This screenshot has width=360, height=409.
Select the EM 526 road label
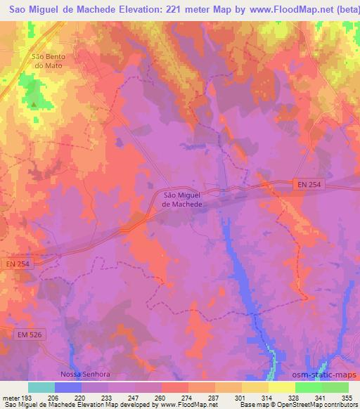tap(28, 335)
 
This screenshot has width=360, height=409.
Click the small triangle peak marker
tap(32, 105)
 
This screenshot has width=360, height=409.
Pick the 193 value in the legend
tap(27, 397)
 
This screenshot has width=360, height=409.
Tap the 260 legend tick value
tap(162, 397)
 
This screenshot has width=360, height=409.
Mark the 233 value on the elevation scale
tap(108, 397)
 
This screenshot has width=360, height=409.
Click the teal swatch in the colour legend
tap(41, 387)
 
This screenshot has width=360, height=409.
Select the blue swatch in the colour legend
tap(68, 387)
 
